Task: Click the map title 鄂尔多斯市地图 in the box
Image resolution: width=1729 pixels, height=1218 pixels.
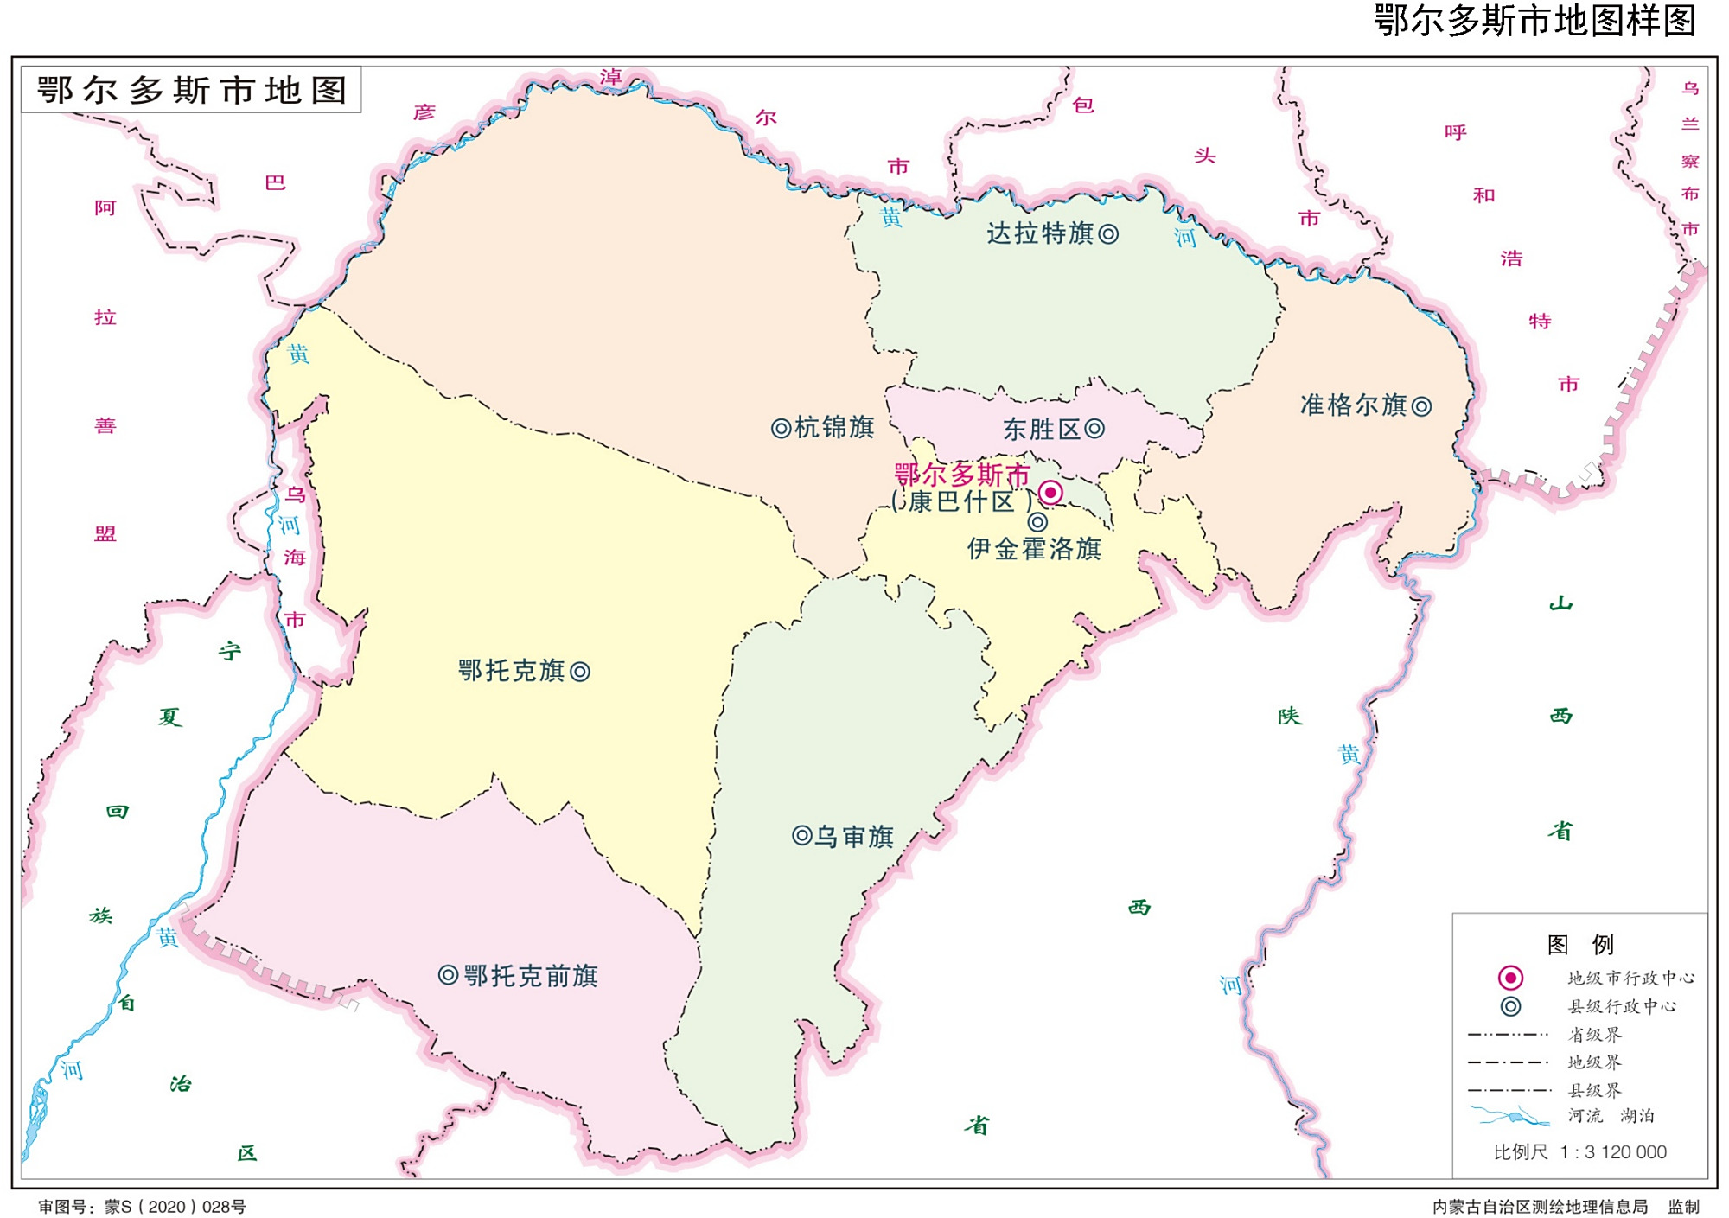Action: click(191, 90)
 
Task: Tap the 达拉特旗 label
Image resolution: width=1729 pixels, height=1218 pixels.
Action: click(1040, 233)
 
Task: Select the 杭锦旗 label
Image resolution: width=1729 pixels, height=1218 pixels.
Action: click(834, 428)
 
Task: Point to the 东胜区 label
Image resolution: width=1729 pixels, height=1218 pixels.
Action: click(1042, 430)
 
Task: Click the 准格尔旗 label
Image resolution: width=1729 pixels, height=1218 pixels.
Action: click(1354, 405)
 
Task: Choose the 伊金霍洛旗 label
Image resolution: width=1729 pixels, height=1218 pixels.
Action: click(1034, 549)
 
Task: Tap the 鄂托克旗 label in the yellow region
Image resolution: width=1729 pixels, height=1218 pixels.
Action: click(511, 671)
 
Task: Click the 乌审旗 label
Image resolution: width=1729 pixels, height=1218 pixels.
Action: click(855, 837)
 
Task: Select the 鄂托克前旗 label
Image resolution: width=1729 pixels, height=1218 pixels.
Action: click(531, 976)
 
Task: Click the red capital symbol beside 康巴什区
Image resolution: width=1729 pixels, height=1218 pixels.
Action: click(1050, 493)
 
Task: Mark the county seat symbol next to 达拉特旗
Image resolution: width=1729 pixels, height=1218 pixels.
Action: click(1108, 233)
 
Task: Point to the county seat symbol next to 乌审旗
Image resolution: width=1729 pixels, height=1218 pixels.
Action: click(801, 836)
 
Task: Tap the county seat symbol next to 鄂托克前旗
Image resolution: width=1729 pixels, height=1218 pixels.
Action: click(448, 976)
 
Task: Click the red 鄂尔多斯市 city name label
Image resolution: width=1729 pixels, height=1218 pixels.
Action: click(961, 474)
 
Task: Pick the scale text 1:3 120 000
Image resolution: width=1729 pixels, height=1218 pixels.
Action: click(1613, 1151)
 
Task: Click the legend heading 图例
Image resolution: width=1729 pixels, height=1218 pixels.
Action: click(1579, 944)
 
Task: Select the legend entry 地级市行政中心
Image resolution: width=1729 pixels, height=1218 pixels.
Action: click(1631, 978)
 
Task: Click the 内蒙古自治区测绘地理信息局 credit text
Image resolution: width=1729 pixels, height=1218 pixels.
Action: click(1540, 1207)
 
